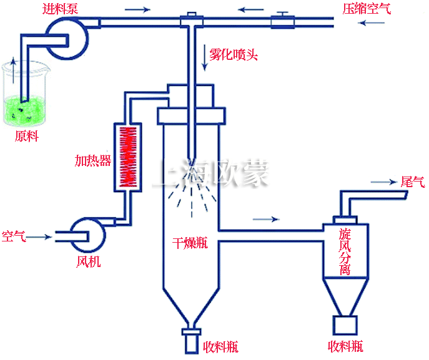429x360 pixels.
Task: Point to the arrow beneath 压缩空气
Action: tap(372, 24)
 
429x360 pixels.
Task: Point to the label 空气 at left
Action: tap(14, 236)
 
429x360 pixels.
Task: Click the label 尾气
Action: tap(412, 182)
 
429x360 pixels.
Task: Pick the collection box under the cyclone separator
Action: tap(345, 326)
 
